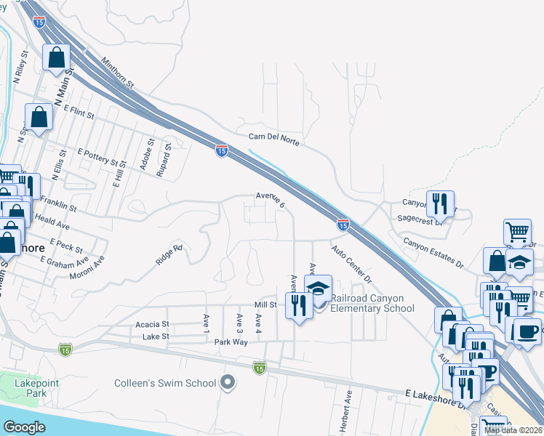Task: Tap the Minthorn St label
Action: (119, 73)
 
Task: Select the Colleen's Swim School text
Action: (165, 383)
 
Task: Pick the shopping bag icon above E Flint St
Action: (39, 116)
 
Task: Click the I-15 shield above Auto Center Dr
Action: (342, 225)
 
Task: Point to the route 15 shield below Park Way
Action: (260, 368)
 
